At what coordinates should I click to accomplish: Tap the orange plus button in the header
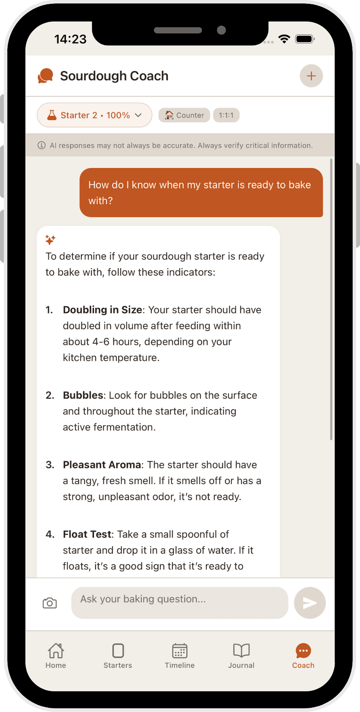coord(311,76)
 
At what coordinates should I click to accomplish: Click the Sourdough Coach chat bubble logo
coord(45,76)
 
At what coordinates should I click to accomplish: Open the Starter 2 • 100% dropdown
coord(94,115)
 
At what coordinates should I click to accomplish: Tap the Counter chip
coord(184,115)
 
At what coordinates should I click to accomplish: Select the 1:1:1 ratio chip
coord(226,115)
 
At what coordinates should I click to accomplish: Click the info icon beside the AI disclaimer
coord(41,145)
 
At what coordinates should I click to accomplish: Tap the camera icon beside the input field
coord(50,603)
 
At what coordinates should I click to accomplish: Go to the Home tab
coord(56,656)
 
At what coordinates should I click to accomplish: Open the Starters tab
coord(118,656)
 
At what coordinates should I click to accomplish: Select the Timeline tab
coord(180,656)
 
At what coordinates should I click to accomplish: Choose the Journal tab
coord(241,656)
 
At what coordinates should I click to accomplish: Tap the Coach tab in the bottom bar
coord(303,656)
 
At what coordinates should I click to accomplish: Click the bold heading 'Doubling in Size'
coord(102,310)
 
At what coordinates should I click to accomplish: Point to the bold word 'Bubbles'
coord(83,396)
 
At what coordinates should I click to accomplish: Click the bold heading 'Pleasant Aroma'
coord(102,465)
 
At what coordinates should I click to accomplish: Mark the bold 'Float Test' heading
coord(88,534)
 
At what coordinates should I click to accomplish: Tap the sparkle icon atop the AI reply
coord(50,240)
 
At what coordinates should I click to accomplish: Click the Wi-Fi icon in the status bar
coord(284,39)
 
